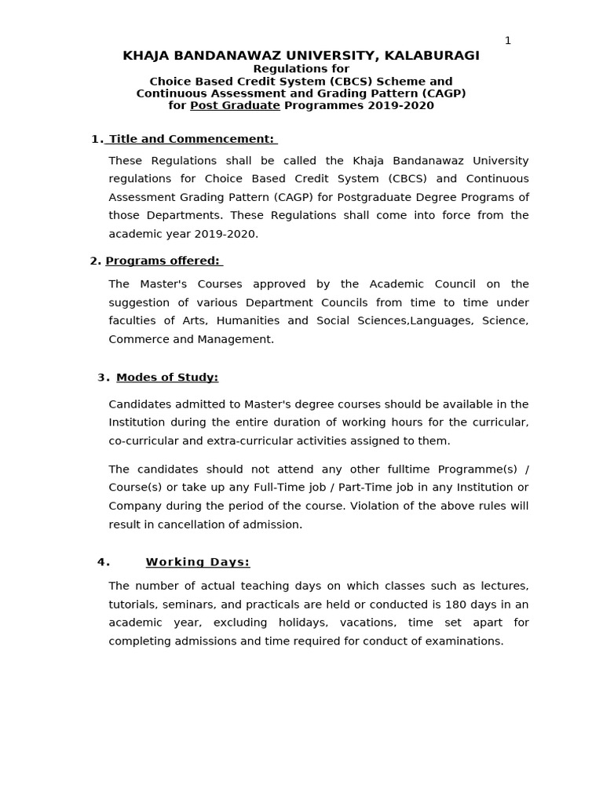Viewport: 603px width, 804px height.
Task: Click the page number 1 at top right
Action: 508,41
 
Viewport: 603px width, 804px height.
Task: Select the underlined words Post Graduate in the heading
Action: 235,105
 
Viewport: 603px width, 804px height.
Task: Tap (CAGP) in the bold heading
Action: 445,93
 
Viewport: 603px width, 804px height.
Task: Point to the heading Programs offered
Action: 163,261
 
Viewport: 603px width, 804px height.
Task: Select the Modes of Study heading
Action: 167,378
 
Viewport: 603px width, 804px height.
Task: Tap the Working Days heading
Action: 198,562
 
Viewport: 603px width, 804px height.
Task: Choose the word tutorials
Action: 134,605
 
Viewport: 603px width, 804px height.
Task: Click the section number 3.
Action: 102,378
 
